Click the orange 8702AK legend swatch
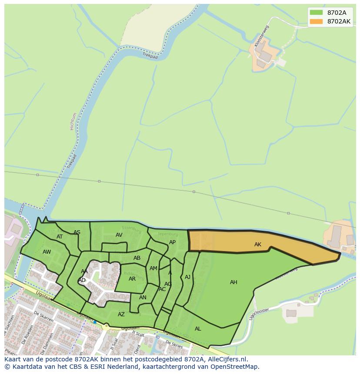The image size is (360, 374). coord(316,21)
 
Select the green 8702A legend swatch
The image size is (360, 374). coord(316,13)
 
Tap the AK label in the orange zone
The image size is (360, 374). coord(258,245)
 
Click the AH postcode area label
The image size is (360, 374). coord(233,282)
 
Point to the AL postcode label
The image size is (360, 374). coord(198,329)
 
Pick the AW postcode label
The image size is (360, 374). coord(47,252)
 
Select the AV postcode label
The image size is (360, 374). coord(119,235)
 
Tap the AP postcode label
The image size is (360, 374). coord(172,242)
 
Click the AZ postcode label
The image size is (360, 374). coord(121,314)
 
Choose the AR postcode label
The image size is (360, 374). coord(132,279)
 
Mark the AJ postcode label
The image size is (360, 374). coord(187,277)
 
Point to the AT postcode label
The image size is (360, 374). coord(60,237)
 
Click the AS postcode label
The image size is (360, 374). coord(77,232)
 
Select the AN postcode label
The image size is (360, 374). coord(143,298)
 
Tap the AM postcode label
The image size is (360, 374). coord(153,268)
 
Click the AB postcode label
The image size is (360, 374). coord(137,258)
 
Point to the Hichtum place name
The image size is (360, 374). coord(73,122)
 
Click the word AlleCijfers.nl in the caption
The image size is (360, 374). coord(226,359)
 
